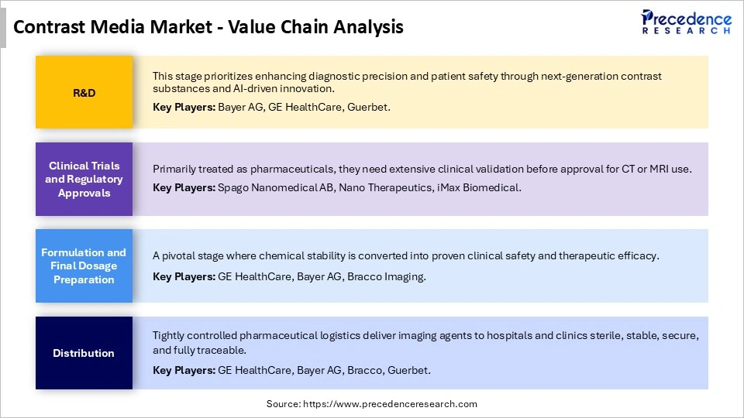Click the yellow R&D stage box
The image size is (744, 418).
point(84,92)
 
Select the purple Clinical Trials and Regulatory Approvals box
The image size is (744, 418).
point(84,179)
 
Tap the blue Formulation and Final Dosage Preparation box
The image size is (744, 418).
point(84,266)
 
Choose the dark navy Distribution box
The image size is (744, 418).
point(84,353)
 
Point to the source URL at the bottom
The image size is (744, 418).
point(372,404)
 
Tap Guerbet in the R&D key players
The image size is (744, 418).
point(370,108)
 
